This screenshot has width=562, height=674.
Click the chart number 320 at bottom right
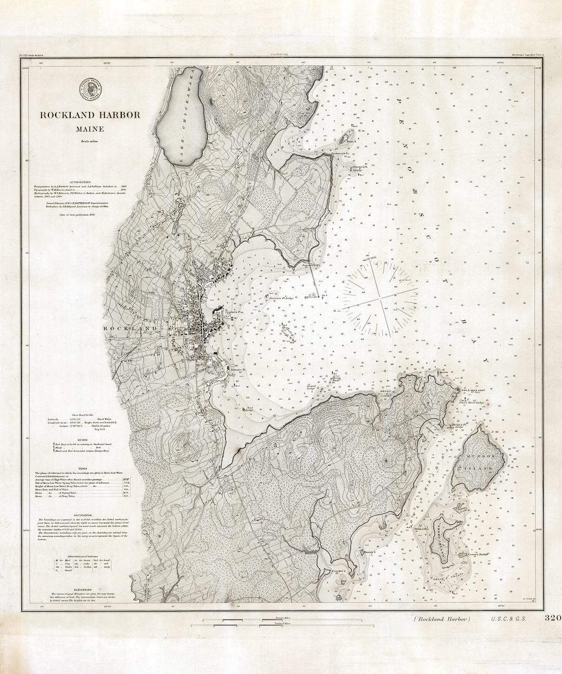click(x=552, y=618)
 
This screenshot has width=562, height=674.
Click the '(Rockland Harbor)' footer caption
click(x=442, y=619)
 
